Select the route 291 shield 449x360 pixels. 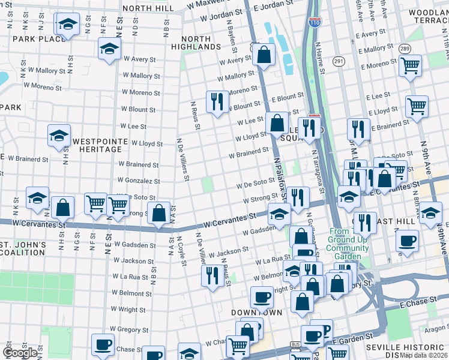(339, 61)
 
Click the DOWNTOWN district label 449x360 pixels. (257, 313)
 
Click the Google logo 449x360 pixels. (20, 353)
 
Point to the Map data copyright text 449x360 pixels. (424, 355)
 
